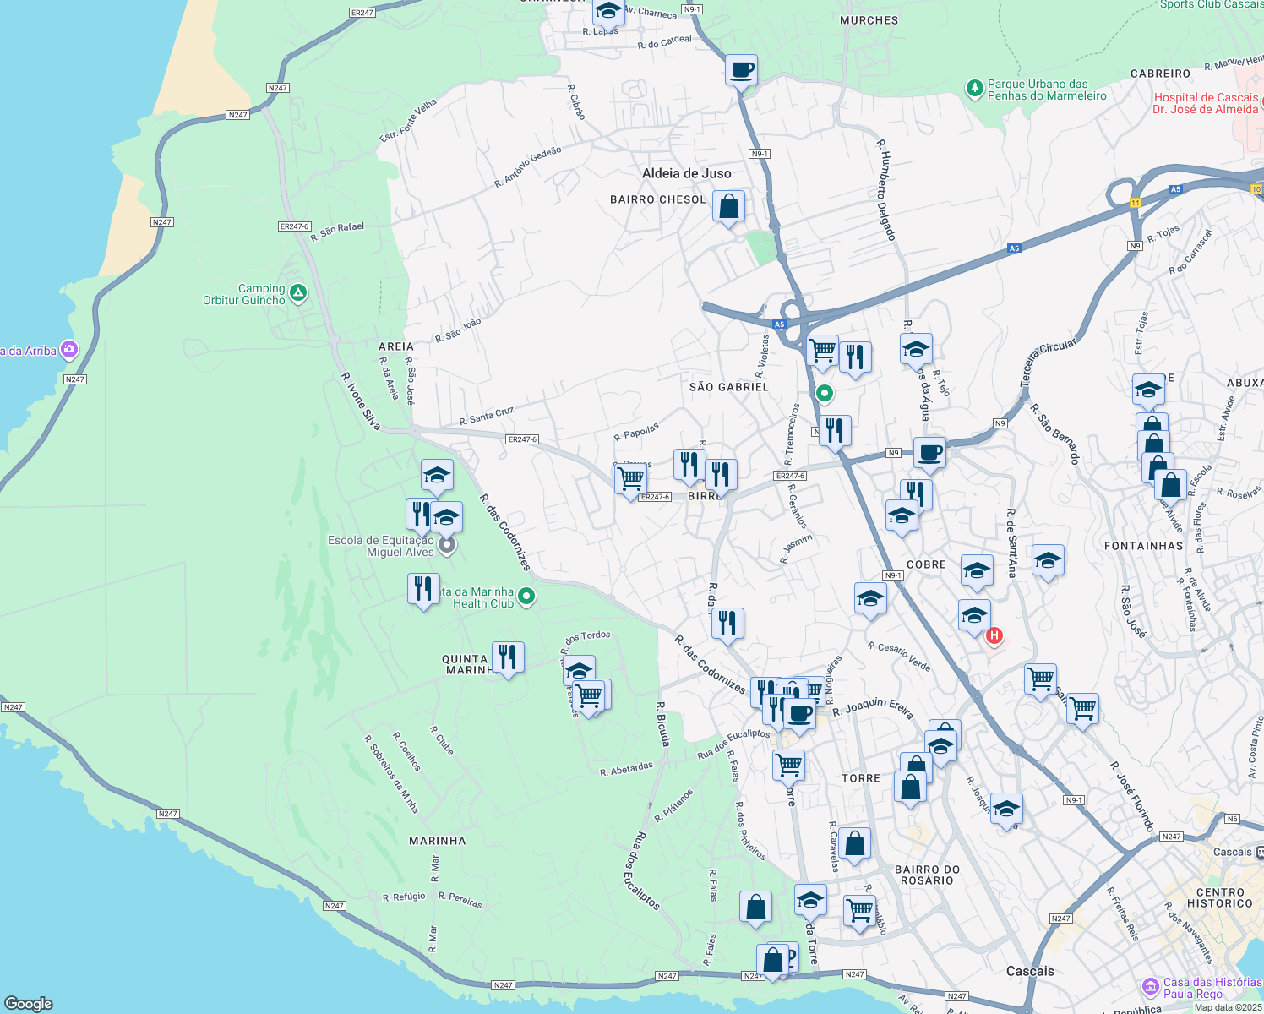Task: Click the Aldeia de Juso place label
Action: click(x=686, y=173)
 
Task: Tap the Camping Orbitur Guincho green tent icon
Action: click(x=297, y=293)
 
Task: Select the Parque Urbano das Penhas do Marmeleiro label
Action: click(x=1047, y=90)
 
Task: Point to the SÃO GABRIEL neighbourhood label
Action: click(x=729, y=387)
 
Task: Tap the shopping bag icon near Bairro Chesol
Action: click(x=728, y=206)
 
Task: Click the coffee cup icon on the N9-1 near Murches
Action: click(x=741, y=70)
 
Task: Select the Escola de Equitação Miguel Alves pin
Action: click(x=448, y=545)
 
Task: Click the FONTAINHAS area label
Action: click(x=1143, y=546)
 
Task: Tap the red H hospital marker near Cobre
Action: click(x=994, y=635)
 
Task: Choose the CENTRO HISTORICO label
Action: click(x=1219, y=897)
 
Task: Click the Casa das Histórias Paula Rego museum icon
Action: click(x=1150, y=986)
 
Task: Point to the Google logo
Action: click(x=28, y=1003)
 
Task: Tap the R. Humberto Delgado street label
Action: click(x=885, y=190)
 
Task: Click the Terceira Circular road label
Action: click(x=1049, y=363)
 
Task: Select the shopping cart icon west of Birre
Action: click(x=631, y=479)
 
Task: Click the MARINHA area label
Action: click(x=437, y=841)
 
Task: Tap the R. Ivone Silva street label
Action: click(x=361, y=401)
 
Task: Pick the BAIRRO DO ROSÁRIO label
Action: click(x=927, y=875)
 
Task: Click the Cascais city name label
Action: click(x=1030, y=971)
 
